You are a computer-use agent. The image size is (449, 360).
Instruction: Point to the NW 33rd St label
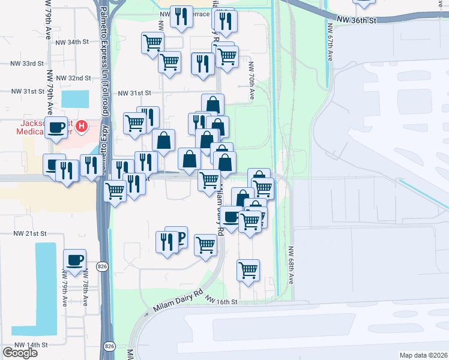[x=28, y=63]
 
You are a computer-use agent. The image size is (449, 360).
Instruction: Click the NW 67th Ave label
[x=330, y=43]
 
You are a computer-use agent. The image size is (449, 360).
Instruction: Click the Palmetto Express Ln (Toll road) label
[x=104, y=60]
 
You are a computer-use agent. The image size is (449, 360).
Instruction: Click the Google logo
[x=20, y=352]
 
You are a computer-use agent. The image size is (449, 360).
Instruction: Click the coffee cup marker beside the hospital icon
[x=57, y=127]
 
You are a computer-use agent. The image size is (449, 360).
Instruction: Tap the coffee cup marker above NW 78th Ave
[x=74, y=260]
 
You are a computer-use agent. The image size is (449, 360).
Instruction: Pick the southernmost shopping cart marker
[x=248, y=270]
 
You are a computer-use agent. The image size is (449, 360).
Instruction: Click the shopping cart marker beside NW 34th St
[x=152, y=43]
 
